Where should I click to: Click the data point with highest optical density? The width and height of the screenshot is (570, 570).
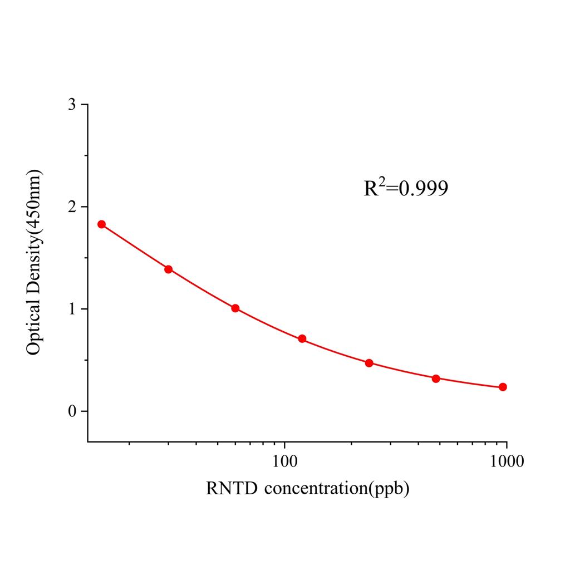pos(101,224)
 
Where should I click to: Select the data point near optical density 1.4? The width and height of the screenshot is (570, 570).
pos(168,269)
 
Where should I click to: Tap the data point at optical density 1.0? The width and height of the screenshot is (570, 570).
pos(235,308)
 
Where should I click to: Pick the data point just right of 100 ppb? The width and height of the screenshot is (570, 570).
pos(302,338)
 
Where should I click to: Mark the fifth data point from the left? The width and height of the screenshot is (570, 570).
pos(369,363)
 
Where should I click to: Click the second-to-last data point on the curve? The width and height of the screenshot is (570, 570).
pos(436,379)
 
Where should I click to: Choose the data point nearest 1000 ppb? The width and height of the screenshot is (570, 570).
pos(503,387)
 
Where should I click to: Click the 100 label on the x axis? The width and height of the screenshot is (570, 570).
pos(285,461)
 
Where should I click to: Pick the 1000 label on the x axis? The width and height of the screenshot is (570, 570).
pos(507,461)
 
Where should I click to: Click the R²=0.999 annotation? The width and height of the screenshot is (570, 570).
pos(406,189)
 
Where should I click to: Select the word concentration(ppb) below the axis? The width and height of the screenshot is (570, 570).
pos(337,490)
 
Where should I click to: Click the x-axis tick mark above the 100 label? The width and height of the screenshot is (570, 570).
pos(285,445)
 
